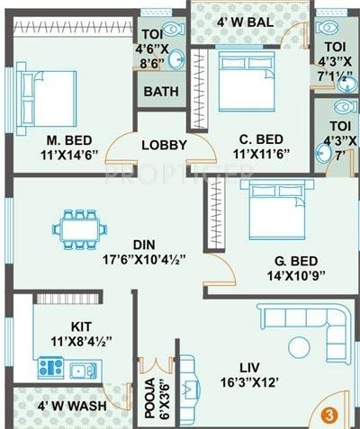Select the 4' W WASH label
coord(72,406)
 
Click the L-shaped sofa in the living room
coord(310,329)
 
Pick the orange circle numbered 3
coord(329,416)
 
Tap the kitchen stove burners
coord(49,367)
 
